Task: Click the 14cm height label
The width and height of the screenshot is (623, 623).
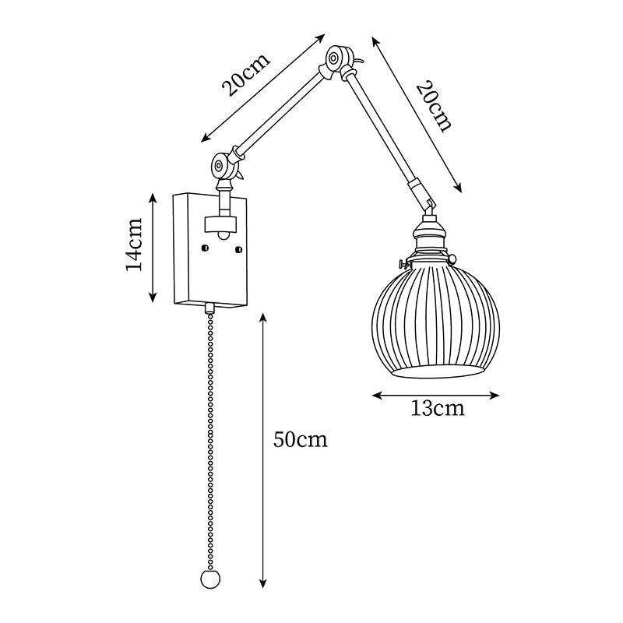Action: (x=133, y=248)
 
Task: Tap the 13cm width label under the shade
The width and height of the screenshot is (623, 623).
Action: (x=437, y=408)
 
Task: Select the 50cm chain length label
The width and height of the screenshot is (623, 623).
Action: (x=301, y=440)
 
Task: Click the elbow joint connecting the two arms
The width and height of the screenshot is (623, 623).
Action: (x=336, y=58)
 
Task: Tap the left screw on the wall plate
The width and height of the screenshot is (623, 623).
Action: (x=205, y=248)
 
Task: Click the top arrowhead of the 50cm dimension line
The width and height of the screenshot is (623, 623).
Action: (x=264, y=318)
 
